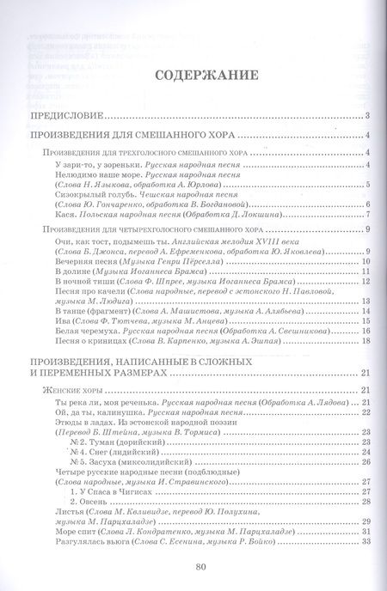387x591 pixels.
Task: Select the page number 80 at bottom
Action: tap(200, 566)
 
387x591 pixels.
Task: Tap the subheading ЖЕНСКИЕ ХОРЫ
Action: tap(72, 390)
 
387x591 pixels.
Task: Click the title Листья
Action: tap(67, 510)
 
